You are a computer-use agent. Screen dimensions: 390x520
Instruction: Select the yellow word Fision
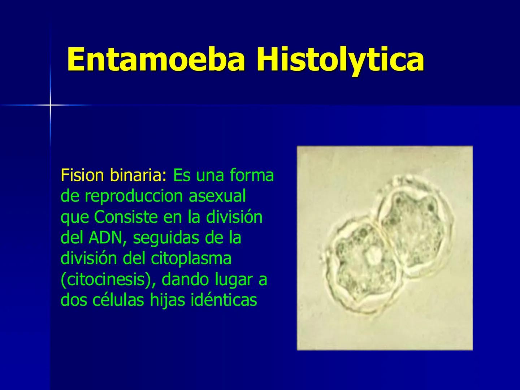tap(83, 175)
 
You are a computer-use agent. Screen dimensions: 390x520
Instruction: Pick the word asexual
tap(217, 196)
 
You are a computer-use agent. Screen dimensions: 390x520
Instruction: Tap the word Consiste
tap(126, 217)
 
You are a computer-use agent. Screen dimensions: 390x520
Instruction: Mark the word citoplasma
tap(191, 259)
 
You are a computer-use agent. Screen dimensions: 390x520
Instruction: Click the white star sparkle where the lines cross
tap(50, 105)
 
